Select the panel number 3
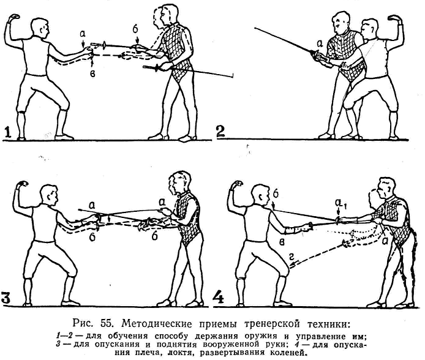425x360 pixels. point(6,297)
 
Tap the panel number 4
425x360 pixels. point(219,297)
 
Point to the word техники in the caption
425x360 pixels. point(328,324)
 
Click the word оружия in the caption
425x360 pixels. point(260,337)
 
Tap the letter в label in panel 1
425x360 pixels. point(92,74)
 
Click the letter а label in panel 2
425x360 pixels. point(320,42)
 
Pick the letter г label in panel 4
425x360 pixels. point(291,257)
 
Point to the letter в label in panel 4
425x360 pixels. point(282,242)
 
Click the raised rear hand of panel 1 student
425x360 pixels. point(13,18)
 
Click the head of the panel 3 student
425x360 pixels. point(49,194)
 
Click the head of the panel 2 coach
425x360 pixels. point(340,25)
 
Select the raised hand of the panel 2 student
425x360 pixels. point(395,19)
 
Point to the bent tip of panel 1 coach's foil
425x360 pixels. point(233,75)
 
